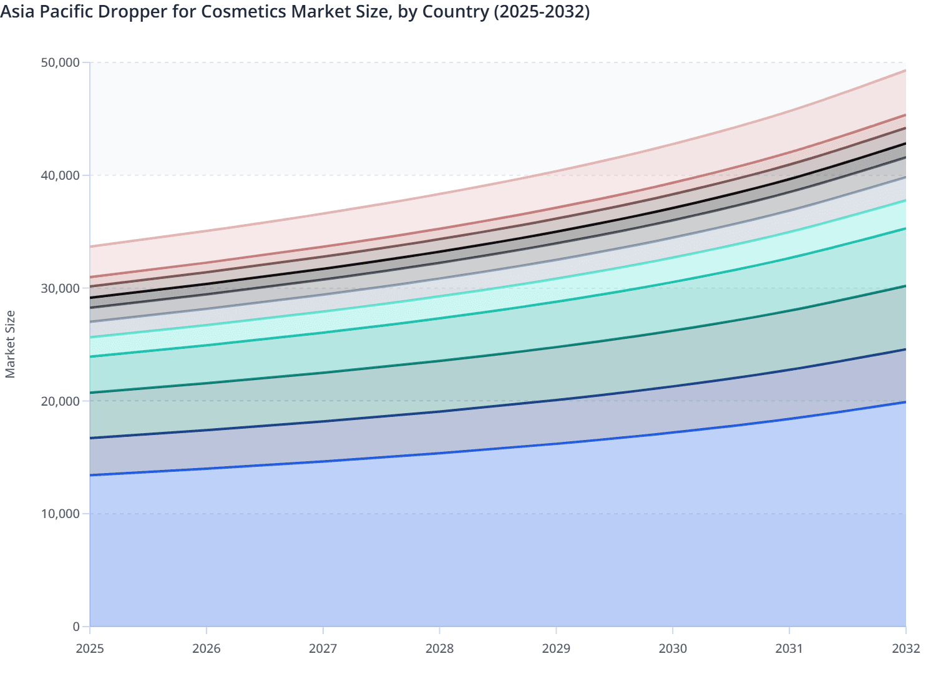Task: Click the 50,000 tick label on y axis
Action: point(60,62)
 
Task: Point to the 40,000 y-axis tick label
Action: point(60,175)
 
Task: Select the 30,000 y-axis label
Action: point(60,288)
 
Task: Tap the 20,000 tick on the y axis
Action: point(60,401)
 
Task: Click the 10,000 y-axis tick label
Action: point(60,514)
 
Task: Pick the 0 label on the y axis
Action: point(76,627)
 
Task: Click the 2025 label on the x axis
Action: point(90,648)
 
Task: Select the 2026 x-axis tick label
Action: point(207,648)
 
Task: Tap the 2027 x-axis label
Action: point(323,648)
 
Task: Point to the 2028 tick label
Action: point(440,648)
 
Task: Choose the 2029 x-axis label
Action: point(556,648)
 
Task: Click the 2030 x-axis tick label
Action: point(673,648)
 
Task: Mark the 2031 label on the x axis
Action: point(789,648)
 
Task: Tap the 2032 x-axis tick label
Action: point(905,648)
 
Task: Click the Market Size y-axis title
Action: point(10,345)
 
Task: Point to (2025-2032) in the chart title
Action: point(541,12)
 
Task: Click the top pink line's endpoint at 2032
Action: point(905,71)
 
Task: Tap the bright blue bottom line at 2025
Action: point(91,475)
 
